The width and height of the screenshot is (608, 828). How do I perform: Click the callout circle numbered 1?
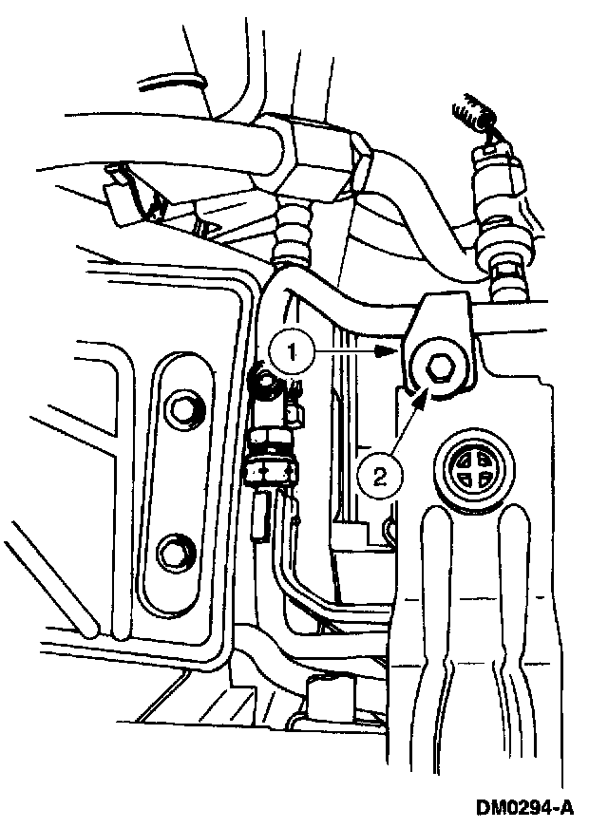pos(294,350)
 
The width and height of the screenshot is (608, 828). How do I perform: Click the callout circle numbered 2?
pos(378,471)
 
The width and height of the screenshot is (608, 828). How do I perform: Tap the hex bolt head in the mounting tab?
pos(438,366)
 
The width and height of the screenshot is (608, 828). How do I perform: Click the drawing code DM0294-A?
pos(525,808)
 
